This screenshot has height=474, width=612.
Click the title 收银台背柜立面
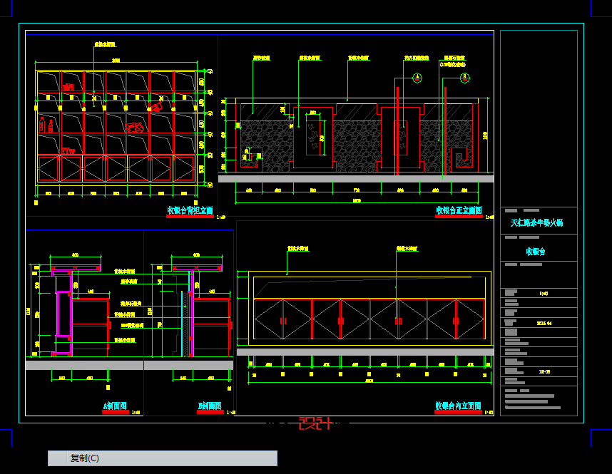(x=190, y=210)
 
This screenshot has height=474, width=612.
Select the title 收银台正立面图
(x=459, y=210)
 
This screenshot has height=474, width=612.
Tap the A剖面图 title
(x=114, y=406)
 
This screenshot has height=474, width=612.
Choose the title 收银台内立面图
(x=458, y=406)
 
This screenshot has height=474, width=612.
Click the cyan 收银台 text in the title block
(x=536, y=252)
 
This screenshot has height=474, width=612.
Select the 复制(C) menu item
(x=85, y=458)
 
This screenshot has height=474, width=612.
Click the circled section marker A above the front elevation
(x=417, y=78)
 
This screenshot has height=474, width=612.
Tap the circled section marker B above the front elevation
(x=465, y=78)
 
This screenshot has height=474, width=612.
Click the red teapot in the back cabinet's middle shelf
(x=135, y=128)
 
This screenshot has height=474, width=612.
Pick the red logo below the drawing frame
(x=315, y=423)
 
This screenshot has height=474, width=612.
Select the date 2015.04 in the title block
(x=544, y=322)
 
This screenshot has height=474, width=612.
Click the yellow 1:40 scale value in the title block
(x=544, y=293)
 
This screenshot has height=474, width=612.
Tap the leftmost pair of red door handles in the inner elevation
(x=283, y=321)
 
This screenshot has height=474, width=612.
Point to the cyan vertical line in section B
(x=182, y=321)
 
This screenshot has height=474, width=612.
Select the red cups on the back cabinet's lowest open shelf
(x=68, y=150)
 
